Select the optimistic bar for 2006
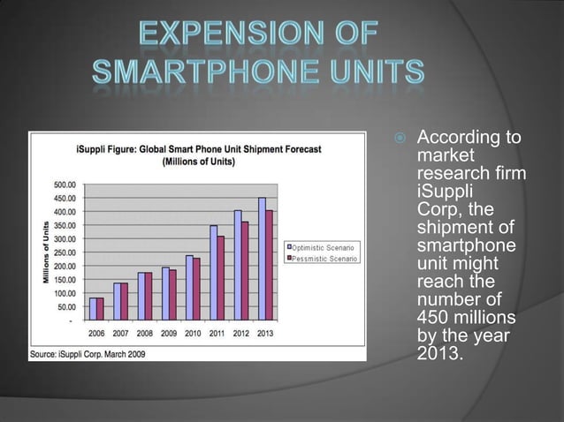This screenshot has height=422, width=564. [x=93, y=311]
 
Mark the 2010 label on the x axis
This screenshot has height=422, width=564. [x=193, y=333]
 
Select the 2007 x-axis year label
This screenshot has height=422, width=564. [x=121, y=333]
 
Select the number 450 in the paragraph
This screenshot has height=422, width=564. [x=433, y=317]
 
